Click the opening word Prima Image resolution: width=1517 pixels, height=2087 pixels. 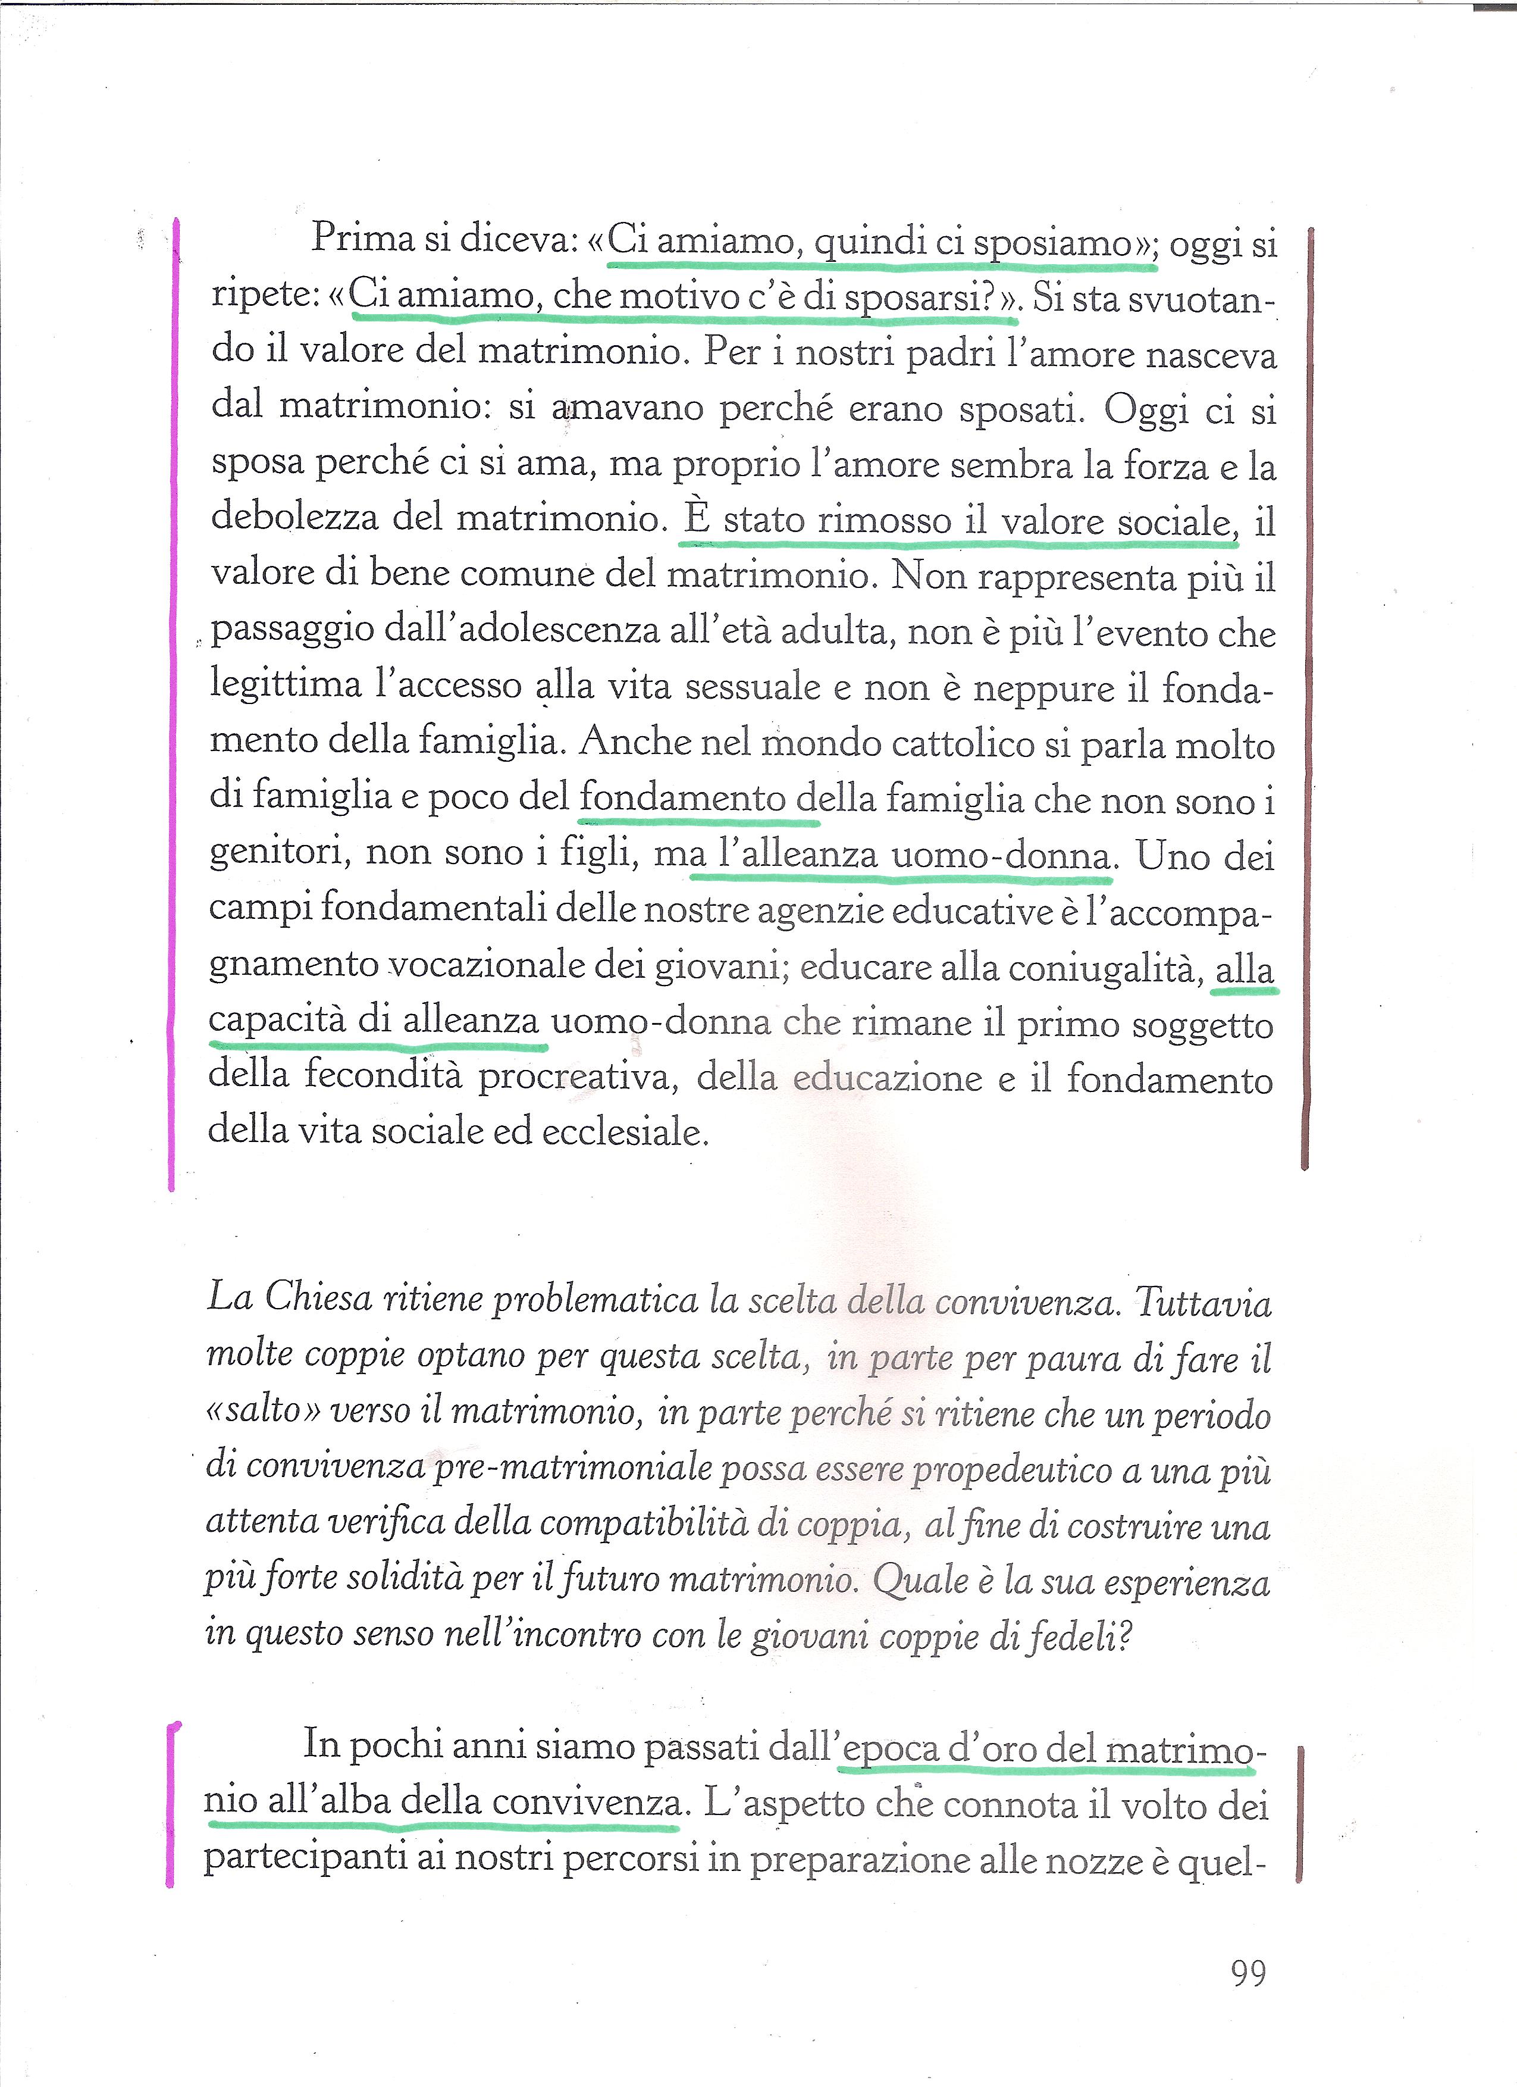363,238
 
